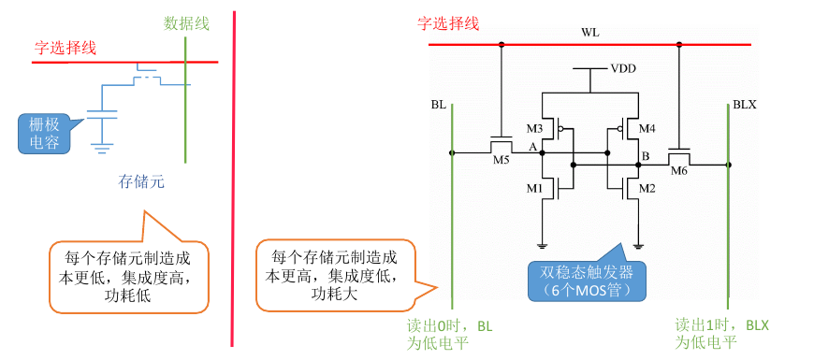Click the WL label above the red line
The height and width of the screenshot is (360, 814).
tap(589, 34)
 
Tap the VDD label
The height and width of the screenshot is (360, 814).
tap(624, 69)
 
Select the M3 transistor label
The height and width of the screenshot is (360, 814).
tap(534, 128)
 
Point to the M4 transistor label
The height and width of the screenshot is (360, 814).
tap(647, 128)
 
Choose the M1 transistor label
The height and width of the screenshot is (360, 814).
tap(534, 189)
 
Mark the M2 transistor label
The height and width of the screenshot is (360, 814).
tap(647, 189)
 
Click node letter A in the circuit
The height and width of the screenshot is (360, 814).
tap(532, 148)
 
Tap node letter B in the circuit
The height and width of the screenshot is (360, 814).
tap(645, 155)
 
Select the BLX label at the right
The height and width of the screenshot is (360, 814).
tap(745, 105)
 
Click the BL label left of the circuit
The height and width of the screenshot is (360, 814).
tap(439, 105)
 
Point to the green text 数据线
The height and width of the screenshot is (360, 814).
tap(186, 22)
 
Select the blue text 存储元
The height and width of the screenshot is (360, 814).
tap(141, 182)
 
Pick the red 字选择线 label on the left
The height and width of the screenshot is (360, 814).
tap(65, 47)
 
